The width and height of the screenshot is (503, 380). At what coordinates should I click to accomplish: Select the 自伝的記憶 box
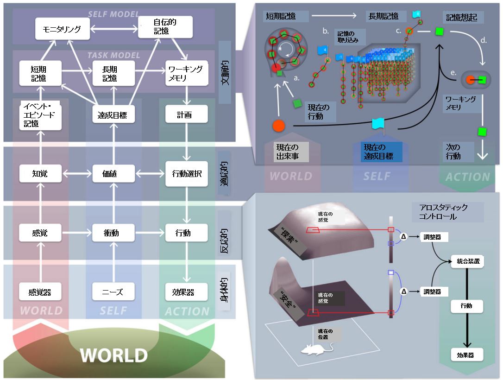tap(165, 27)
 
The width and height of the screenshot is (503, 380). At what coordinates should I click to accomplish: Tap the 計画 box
tap(184, 114)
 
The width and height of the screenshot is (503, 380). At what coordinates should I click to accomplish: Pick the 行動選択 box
tap(184, 174)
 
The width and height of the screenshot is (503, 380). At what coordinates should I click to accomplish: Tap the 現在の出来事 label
tap(286, 152)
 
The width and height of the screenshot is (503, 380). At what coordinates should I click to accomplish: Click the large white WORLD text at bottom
tap(113, 355)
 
